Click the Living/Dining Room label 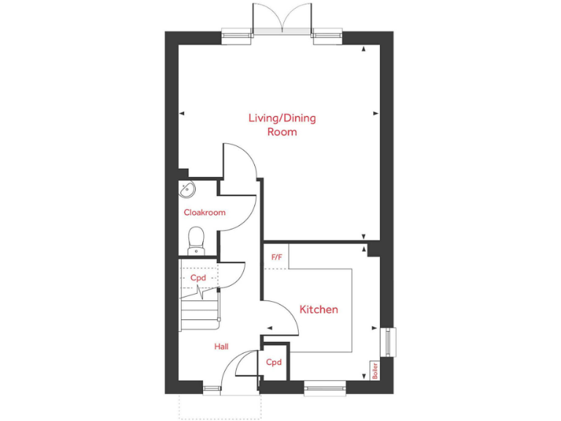point(282,125)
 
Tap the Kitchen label point(319,310)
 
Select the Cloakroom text point(205,213)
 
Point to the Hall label point(222,346)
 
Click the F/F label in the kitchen point(276,257)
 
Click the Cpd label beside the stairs point(198,278)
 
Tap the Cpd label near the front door point(274,363)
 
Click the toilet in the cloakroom point(196,239)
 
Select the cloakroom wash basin point(188,190)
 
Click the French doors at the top point(282,18)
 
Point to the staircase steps point(199,307)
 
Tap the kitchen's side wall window point(388,342)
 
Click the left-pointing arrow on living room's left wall point(182,113)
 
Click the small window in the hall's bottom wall point(213,387)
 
